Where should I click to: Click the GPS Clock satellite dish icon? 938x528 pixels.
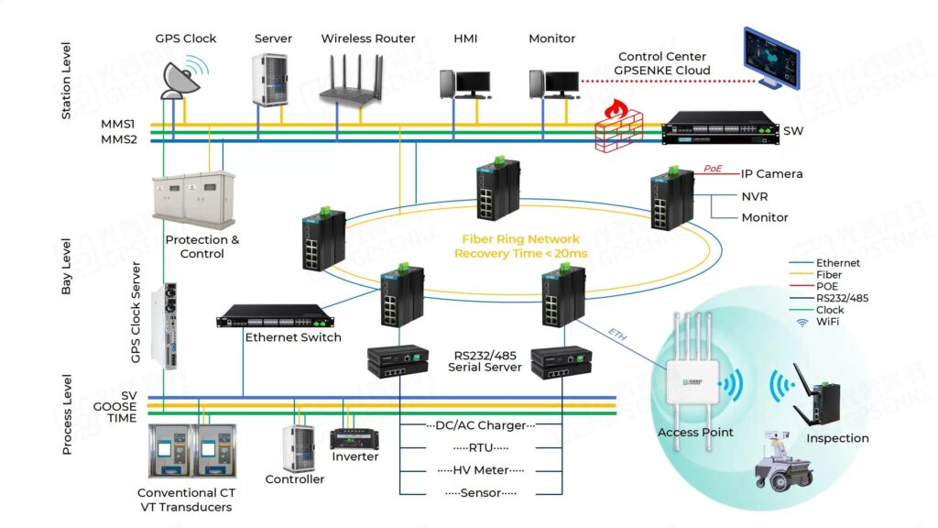point(181,77)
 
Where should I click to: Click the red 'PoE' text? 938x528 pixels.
point(714,168)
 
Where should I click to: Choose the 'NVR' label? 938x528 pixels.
point(755,196)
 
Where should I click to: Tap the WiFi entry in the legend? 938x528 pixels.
point(828,322)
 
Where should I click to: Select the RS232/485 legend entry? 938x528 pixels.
point(842,298)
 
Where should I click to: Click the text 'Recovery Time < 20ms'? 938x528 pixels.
point(520,253)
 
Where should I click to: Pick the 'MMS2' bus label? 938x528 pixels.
point(118,139)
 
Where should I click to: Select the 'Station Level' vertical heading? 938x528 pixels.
point(66,85)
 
